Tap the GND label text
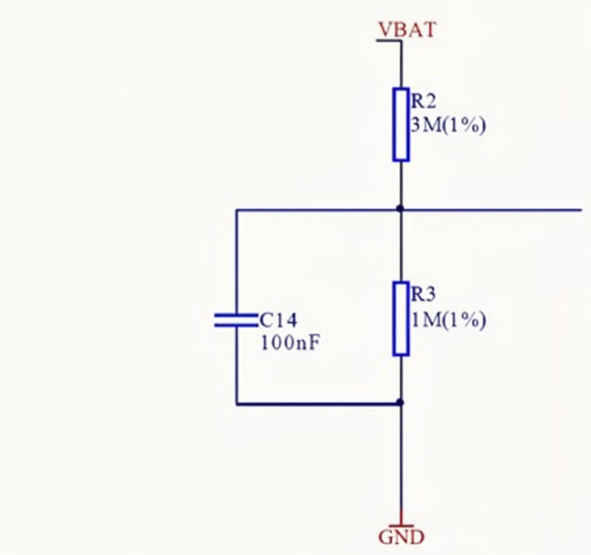pos(401,538)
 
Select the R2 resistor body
pos(401,124)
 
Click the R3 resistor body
pos(401,319)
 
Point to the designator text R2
pos(424,101)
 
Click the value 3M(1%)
pos(448,125)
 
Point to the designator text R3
pos(424,295)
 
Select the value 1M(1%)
pos(448,320)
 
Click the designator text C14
pos(279,320)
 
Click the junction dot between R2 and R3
pos(400,209)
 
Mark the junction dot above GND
pos(400,402)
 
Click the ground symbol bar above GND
pos(401,525)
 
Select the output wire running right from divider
pos(492,210)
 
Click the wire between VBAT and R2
pos(401,64)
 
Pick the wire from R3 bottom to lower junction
pos(401,379)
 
